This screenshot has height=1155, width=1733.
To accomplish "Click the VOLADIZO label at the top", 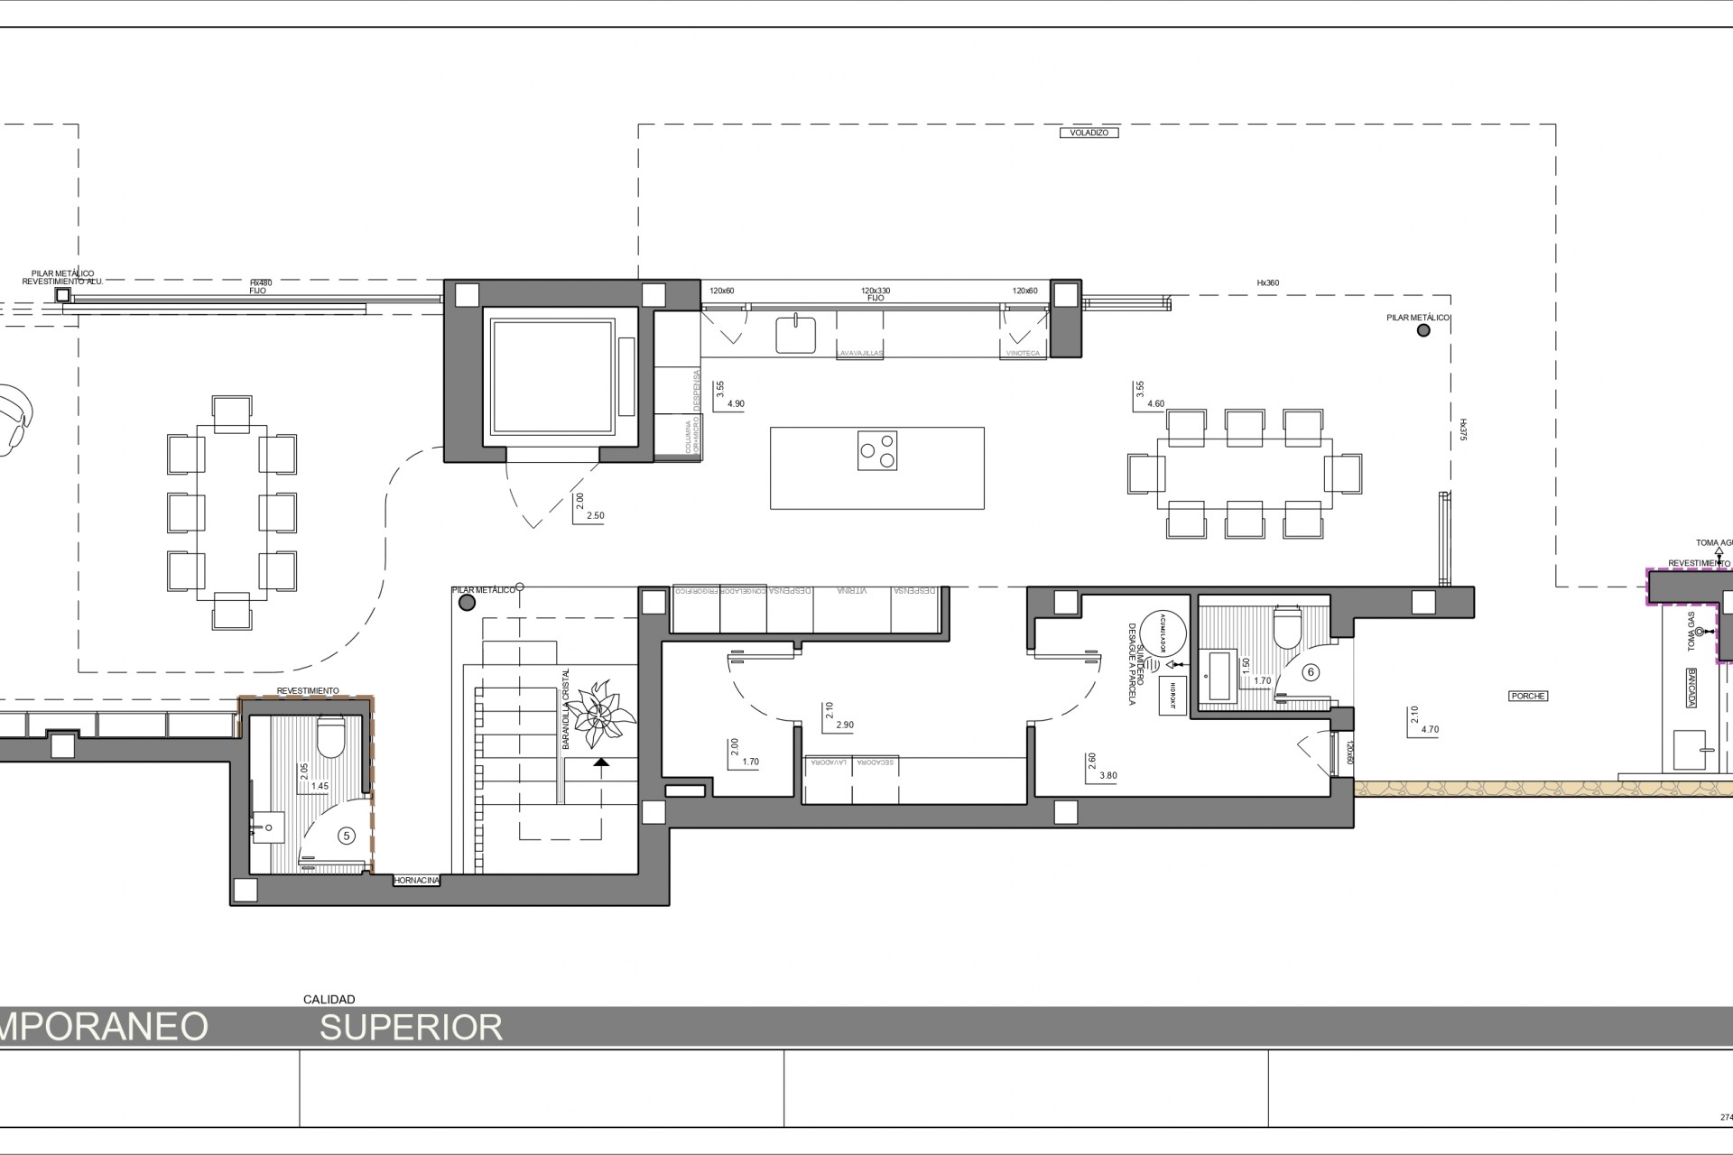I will coord(1089,133).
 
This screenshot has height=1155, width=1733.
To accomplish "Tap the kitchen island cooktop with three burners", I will coord(877,450).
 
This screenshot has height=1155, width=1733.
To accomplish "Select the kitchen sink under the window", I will coord(795,333).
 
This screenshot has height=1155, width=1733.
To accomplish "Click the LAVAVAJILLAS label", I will coord(859,354).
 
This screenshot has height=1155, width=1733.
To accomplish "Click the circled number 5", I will coord(346,836).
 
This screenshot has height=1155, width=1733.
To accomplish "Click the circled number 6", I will coord(1311,672).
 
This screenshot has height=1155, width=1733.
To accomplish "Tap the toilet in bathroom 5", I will coord(331,737).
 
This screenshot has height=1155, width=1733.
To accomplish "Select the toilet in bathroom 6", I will coord(1285,628).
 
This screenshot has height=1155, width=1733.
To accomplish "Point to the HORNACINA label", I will coord(417,881).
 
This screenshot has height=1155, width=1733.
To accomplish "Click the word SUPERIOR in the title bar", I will coord(411,1027).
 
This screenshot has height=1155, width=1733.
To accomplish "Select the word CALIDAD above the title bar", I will coord(329,1000).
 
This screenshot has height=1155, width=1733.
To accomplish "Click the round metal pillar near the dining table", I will coord(1423,330).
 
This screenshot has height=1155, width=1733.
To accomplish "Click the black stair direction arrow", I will coord(601,762).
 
